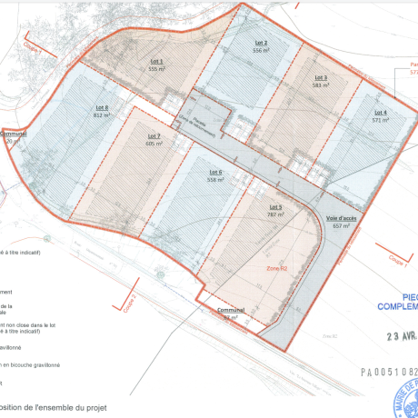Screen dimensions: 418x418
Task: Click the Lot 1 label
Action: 154,61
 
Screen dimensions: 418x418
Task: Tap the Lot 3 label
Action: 321,77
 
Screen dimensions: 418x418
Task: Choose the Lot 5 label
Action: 275,208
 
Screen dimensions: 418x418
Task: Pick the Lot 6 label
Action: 215,172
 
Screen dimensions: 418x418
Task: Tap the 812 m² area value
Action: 100,115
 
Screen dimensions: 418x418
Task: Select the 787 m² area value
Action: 275,215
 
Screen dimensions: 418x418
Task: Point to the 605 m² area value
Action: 154,144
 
